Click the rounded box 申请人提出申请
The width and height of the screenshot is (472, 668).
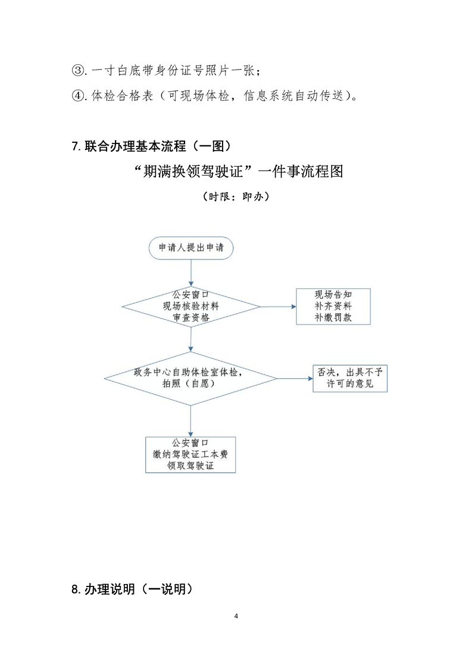[x=190, y=248]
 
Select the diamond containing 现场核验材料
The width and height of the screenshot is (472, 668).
[x=190, y=306]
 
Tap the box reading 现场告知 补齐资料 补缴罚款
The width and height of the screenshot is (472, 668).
[x=333, y=306]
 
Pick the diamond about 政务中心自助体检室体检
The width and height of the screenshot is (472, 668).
[x=190, y=378]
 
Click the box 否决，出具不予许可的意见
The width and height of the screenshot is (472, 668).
[x=349, y=377]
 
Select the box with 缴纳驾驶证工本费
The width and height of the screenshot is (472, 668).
[x=190, y=455]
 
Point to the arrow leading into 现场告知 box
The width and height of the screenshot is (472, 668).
[x=278, y=307]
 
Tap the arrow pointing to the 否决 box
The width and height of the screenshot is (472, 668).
[x=294, y=378]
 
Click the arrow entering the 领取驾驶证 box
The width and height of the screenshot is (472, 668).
[x=190, y=422]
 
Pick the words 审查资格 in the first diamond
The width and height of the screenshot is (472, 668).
[x=190, y=317]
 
